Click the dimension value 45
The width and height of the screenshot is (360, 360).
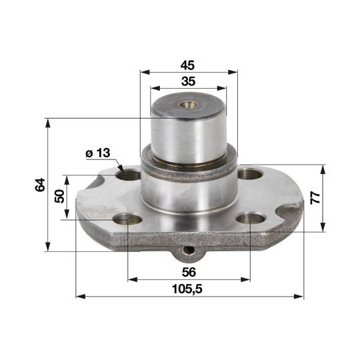pos(187,65)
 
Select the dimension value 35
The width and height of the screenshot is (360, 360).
pos(188,81)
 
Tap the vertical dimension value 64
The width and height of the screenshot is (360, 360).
pos(40,185)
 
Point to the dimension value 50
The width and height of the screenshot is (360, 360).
pos(60,196)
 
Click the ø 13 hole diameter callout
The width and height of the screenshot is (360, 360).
pos(98,153)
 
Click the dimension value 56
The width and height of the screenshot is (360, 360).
pos(189,272)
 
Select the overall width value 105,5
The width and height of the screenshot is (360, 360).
pos(187,289)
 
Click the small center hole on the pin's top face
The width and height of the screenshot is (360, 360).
pos(189,105)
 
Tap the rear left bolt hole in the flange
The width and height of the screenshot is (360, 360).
pos(129,176)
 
